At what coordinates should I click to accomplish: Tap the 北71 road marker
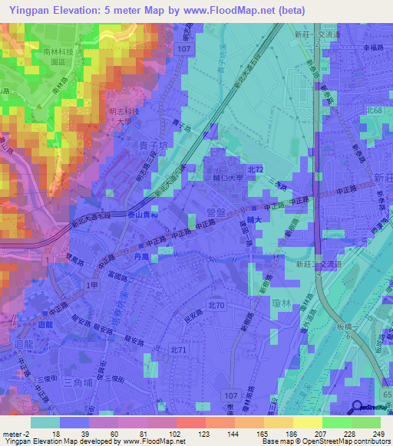click(178, 349)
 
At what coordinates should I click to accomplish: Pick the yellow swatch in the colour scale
click(307, 422)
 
